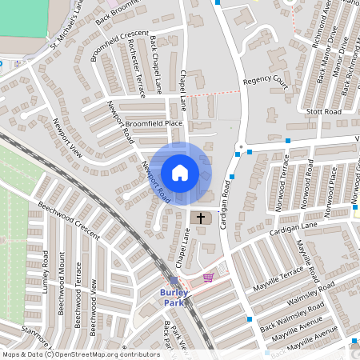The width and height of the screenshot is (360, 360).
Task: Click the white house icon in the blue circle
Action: pyautogui.click(x=180, y=173)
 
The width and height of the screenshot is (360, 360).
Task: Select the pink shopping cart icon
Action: pyautogui.click(x=209, y=277)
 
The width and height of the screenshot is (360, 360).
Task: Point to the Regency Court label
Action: pyautogui.click(x=265, y=80)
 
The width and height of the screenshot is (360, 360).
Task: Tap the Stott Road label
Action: pyautogui.click(x=323, y=112)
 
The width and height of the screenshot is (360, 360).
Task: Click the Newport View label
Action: pyautogui.click(x=67, y=137)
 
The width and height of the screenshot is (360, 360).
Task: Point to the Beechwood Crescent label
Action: pyautogui.click(x=68, y=220)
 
